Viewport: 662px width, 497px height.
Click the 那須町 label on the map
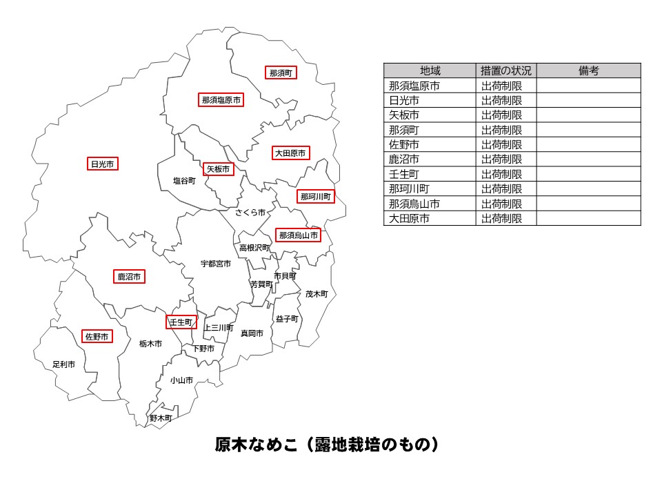point(281,72)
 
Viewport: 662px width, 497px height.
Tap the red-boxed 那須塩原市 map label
point(221,100)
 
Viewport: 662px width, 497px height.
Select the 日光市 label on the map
point(102,164)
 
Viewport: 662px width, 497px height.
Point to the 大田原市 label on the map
point(290,153)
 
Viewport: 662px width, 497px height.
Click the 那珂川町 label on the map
point(315,197)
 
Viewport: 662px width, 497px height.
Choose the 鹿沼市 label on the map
point(129,277)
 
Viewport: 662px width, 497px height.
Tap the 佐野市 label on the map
point(97,337)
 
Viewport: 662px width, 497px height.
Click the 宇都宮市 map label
point(216,264)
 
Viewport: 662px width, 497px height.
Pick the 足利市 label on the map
point(64,364)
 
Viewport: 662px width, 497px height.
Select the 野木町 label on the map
point(161,418)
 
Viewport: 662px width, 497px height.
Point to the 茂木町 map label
point(317,294)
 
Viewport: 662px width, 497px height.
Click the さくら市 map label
point(250,213)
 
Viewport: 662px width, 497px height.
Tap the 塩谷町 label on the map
point(185,181)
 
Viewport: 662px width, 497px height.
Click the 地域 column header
point(430,70)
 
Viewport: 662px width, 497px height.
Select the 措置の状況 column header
point(506,70)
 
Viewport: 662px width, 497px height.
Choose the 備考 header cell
point(588,70)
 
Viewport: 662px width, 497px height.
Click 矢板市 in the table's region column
point(404,115)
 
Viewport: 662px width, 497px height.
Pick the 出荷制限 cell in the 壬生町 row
point(501,174)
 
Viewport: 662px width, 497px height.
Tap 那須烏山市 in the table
point(414,204)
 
